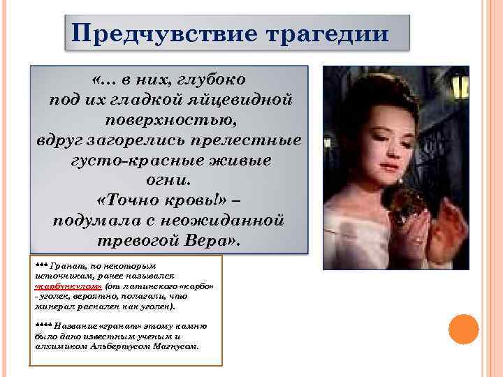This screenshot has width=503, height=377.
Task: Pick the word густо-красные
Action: pos(129,159)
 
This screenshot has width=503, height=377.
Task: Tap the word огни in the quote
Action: pos(168,179)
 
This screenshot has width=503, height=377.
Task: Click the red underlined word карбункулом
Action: pos(68,286)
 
